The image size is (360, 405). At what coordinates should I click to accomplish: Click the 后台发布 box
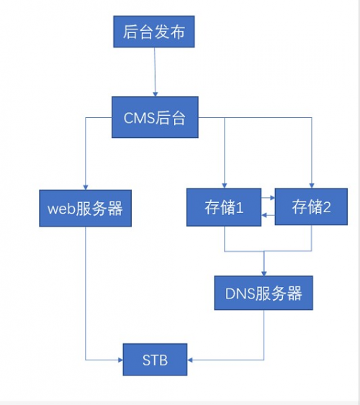(154, 32)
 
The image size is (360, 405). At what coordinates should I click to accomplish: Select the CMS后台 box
(155, 117)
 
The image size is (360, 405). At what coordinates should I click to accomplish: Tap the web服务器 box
(85, 208)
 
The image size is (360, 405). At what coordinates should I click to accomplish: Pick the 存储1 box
(224, 207)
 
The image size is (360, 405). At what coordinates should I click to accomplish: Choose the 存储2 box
(311, 206)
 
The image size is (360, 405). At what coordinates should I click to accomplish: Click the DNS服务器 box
(264, 293)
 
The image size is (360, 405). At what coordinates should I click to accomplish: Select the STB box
(155, 359)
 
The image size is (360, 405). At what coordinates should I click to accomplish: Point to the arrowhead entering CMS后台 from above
(155, 94)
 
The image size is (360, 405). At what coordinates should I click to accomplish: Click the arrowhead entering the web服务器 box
(86, 187)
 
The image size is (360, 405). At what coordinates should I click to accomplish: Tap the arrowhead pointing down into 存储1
(225, 186)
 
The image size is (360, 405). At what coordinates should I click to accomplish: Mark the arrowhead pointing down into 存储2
(312, 186)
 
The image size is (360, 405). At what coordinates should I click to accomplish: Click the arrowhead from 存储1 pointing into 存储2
(272, 198)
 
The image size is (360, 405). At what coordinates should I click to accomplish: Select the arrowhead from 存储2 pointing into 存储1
(264, 215)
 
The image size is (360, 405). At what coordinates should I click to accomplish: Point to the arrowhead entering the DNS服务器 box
(264, 273)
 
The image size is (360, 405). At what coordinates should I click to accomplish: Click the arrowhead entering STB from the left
(120, 360)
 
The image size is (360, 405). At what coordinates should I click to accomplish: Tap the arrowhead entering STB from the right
(190, 360)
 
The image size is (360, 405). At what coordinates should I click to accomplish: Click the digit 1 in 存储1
(240, 207)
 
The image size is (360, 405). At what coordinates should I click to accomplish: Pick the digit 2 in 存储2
(327, 207)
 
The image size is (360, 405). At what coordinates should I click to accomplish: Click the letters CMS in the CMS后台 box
(139, 118)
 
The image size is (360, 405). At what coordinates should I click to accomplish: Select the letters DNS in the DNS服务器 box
(240, 293)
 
